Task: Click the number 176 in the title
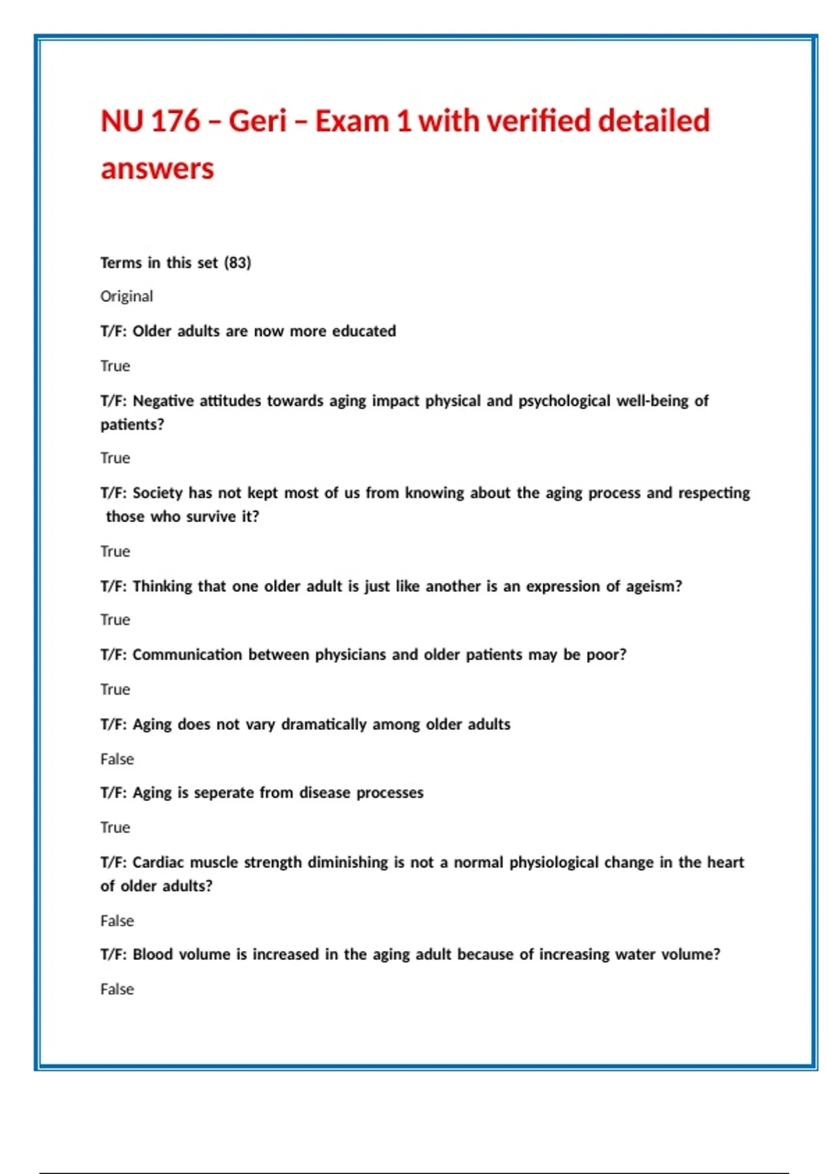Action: click(175, 121)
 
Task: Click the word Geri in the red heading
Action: click(258, 121)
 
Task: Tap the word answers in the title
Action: click(158, 169)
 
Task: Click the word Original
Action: click(126, 296)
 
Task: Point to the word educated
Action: click(364, 331)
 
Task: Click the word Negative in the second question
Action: click(163, 401)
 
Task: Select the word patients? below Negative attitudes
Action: click(132, 424)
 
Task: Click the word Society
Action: click(158, 492)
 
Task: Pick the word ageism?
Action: click(654, 586)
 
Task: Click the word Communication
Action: click(187, 654)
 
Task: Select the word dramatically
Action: click(324, 724)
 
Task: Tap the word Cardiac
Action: click(158, 862)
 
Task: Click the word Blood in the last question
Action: click(153, 954)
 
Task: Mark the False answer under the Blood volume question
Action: click(117, 989)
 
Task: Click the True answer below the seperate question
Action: click(115, 827)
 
